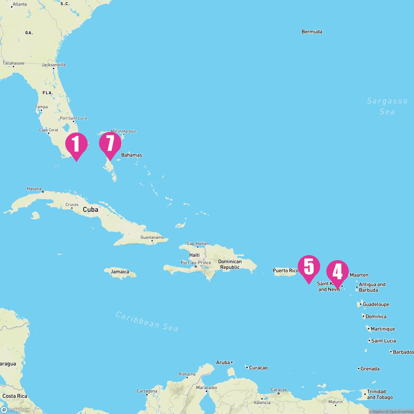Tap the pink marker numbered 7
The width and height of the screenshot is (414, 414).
(x=110, y=144)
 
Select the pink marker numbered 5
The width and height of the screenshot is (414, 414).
(x=309, y=267)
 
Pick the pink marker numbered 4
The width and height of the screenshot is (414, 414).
(x=337, y=272)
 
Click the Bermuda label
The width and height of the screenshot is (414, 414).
(x=312, y=32)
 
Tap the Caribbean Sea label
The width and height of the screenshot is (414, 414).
(x=147, y=321)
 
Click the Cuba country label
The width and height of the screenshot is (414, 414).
(x=90, y=209)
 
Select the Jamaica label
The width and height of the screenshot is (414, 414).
(x=120, y=272)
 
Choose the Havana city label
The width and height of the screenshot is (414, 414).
(x=34, y=189)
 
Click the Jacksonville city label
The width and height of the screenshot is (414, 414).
(x=53, y=65)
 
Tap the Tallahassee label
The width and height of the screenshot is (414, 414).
(x=13, y=63)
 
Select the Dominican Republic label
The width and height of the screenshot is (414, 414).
(x=230, y=264)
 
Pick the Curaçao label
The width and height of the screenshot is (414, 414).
(x=258, y=368)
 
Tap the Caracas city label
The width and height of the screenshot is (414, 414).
(x=279, y=390)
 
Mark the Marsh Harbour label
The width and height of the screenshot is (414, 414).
(x=124, y=131)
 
